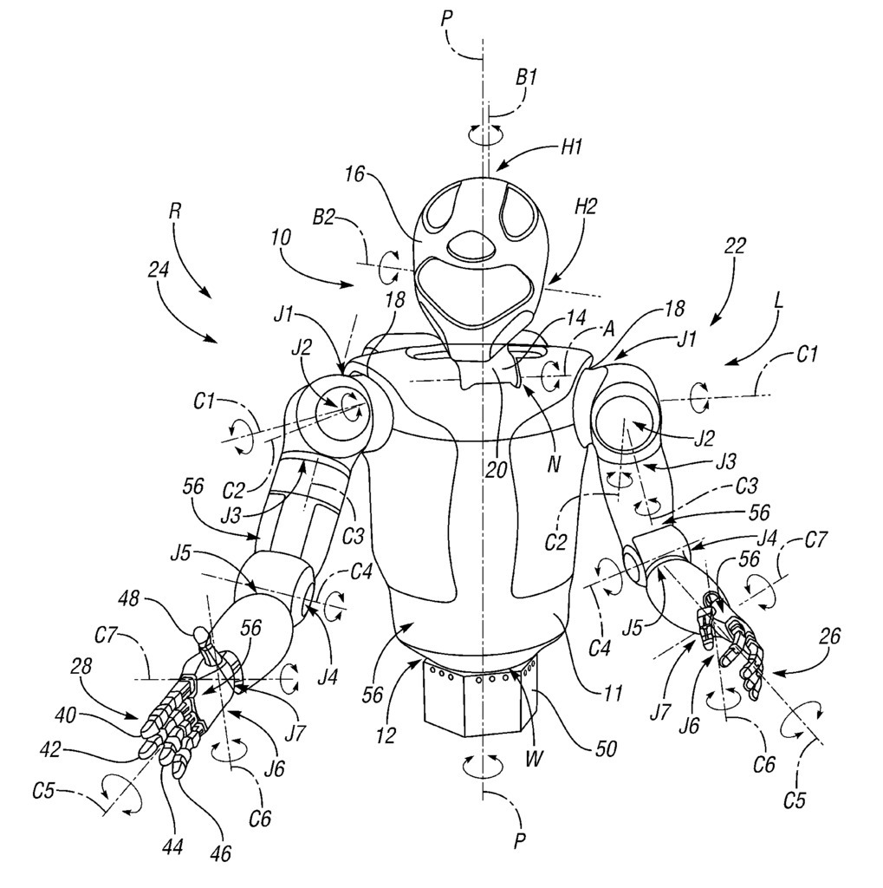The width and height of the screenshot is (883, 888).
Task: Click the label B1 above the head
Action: coord(526,77)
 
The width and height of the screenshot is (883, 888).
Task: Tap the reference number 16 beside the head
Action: coord(355,173)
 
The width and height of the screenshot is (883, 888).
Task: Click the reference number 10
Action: coord(280,237)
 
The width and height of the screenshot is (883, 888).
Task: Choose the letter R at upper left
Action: coord(175,212)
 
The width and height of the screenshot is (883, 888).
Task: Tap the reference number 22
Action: coord(735,246)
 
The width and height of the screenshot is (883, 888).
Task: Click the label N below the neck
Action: coord(553,465)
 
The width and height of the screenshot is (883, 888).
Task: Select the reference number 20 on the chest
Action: coord(496,469)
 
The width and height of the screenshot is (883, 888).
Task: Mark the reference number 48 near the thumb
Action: coord(130,598)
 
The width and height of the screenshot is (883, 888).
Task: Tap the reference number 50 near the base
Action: coord(606,749)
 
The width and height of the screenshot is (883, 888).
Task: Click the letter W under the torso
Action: coord(534,758)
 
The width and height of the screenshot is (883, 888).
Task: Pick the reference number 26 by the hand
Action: coord(828,636)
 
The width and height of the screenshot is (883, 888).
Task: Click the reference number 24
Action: coord(158,270)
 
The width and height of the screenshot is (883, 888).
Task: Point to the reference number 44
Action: coord(172,847)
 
